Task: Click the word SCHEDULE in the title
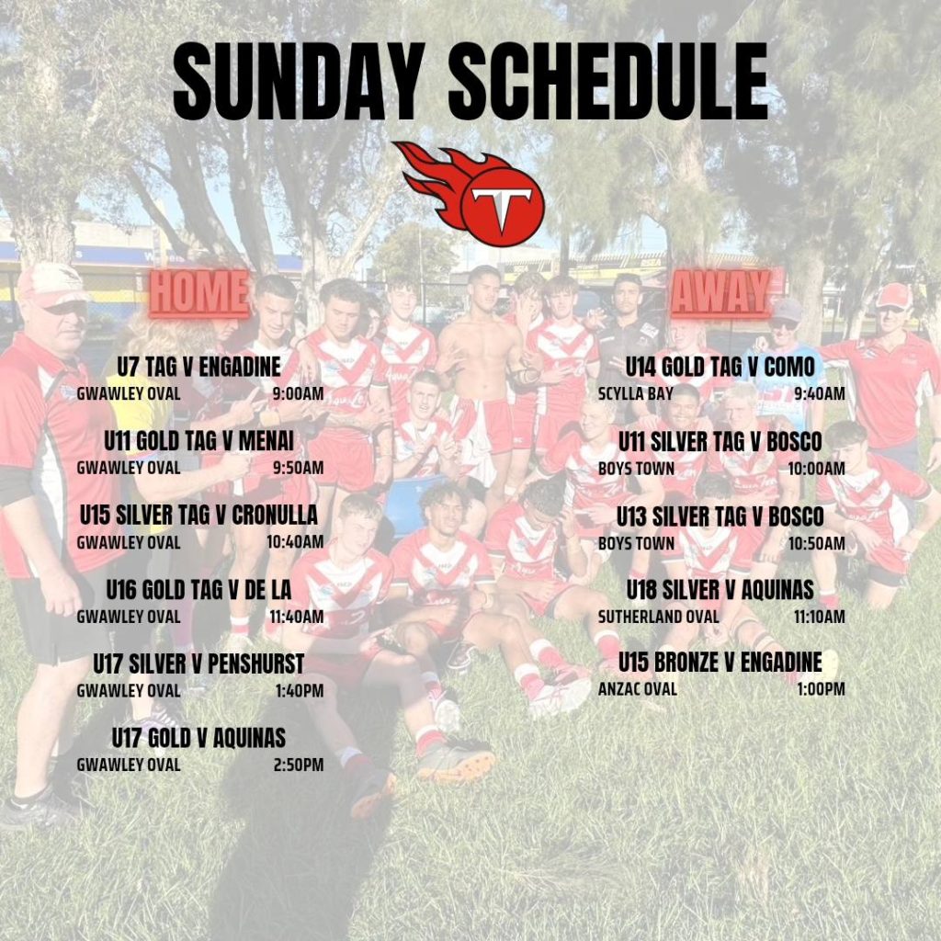click(x=608, y=82)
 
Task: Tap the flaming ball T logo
click(x=469, y=193)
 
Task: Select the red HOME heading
click(x=198, y=292)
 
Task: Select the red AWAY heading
click(x=720, y=292)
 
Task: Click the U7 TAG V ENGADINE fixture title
click(x=198, y=367)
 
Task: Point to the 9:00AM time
click(x=298, y=393)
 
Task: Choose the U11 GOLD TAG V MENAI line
click(x=198, y=441)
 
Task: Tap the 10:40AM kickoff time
click(x=295, y=542)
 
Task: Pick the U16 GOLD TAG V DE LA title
click(x=198, y=590)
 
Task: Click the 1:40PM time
click(x=300, y=691)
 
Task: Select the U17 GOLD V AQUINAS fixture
click(x=198, y=738)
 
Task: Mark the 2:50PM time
click(x=299, y=765)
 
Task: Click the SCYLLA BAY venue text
click(x=636, y=393)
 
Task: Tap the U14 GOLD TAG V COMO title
click(x=720, y=367)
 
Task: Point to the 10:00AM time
click(x=816, y=468)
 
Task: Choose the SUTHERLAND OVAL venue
click(x=658, y=617)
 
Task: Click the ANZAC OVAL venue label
click(x=638, y=689)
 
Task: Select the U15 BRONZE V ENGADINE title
click(x=720, y=662)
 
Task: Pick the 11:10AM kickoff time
click(x=819, y=617)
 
